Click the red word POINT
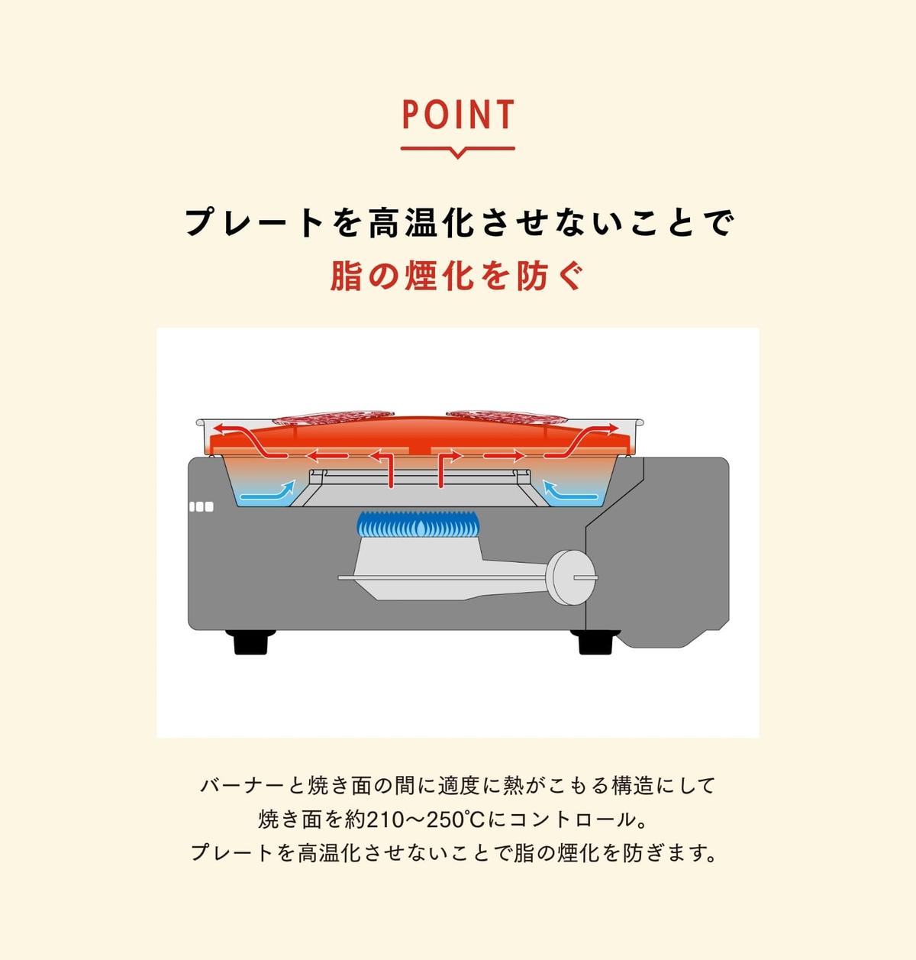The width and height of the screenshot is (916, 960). [458, 115]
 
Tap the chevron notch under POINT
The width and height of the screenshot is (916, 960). [458, 154]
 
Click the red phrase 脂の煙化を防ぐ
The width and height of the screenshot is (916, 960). [457, 276]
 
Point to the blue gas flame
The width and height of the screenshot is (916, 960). [418, 525]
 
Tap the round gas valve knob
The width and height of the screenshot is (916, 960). [572, 577]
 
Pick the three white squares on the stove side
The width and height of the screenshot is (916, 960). [202, 506]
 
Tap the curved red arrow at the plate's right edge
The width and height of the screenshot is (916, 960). [582, 440]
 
